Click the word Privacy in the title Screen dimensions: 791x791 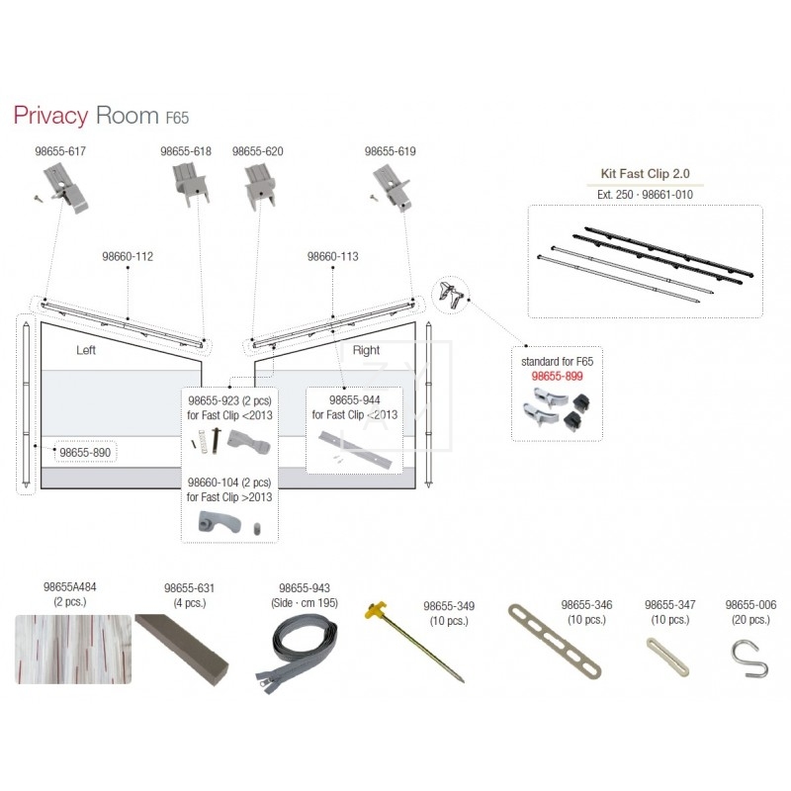50,116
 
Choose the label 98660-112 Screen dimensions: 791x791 128,256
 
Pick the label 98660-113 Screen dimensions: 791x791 332,256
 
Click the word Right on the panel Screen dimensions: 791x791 366,350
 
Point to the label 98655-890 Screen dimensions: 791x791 85,452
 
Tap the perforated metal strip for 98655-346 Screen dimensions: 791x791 554,642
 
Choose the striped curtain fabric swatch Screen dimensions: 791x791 72,649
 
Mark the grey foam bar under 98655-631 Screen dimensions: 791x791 183,644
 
